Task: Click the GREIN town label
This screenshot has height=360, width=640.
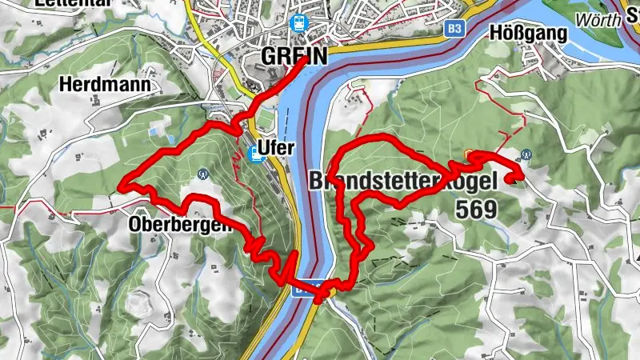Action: [x=294, y=56]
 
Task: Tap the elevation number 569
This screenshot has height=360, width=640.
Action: [x=475, y=210]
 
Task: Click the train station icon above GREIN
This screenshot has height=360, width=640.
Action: [x=299, y=25]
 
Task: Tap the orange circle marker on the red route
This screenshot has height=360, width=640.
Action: [x=468, y=154]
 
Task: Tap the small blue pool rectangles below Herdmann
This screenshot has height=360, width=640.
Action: [x=154, y=130]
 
